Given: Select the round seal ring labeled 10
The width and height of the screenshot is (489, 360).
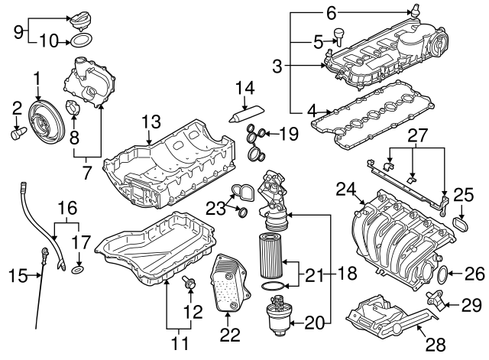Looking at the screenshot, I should pyautogui.click(x=84, y=40).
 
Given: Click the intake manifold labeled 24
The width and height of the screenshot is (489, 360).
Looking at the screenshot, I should pyautogui.click(x=390, y=229).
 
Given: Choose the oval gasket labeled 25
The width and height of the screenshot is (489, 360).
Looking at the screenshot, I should pyautogui.click(x=461, y=225).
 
